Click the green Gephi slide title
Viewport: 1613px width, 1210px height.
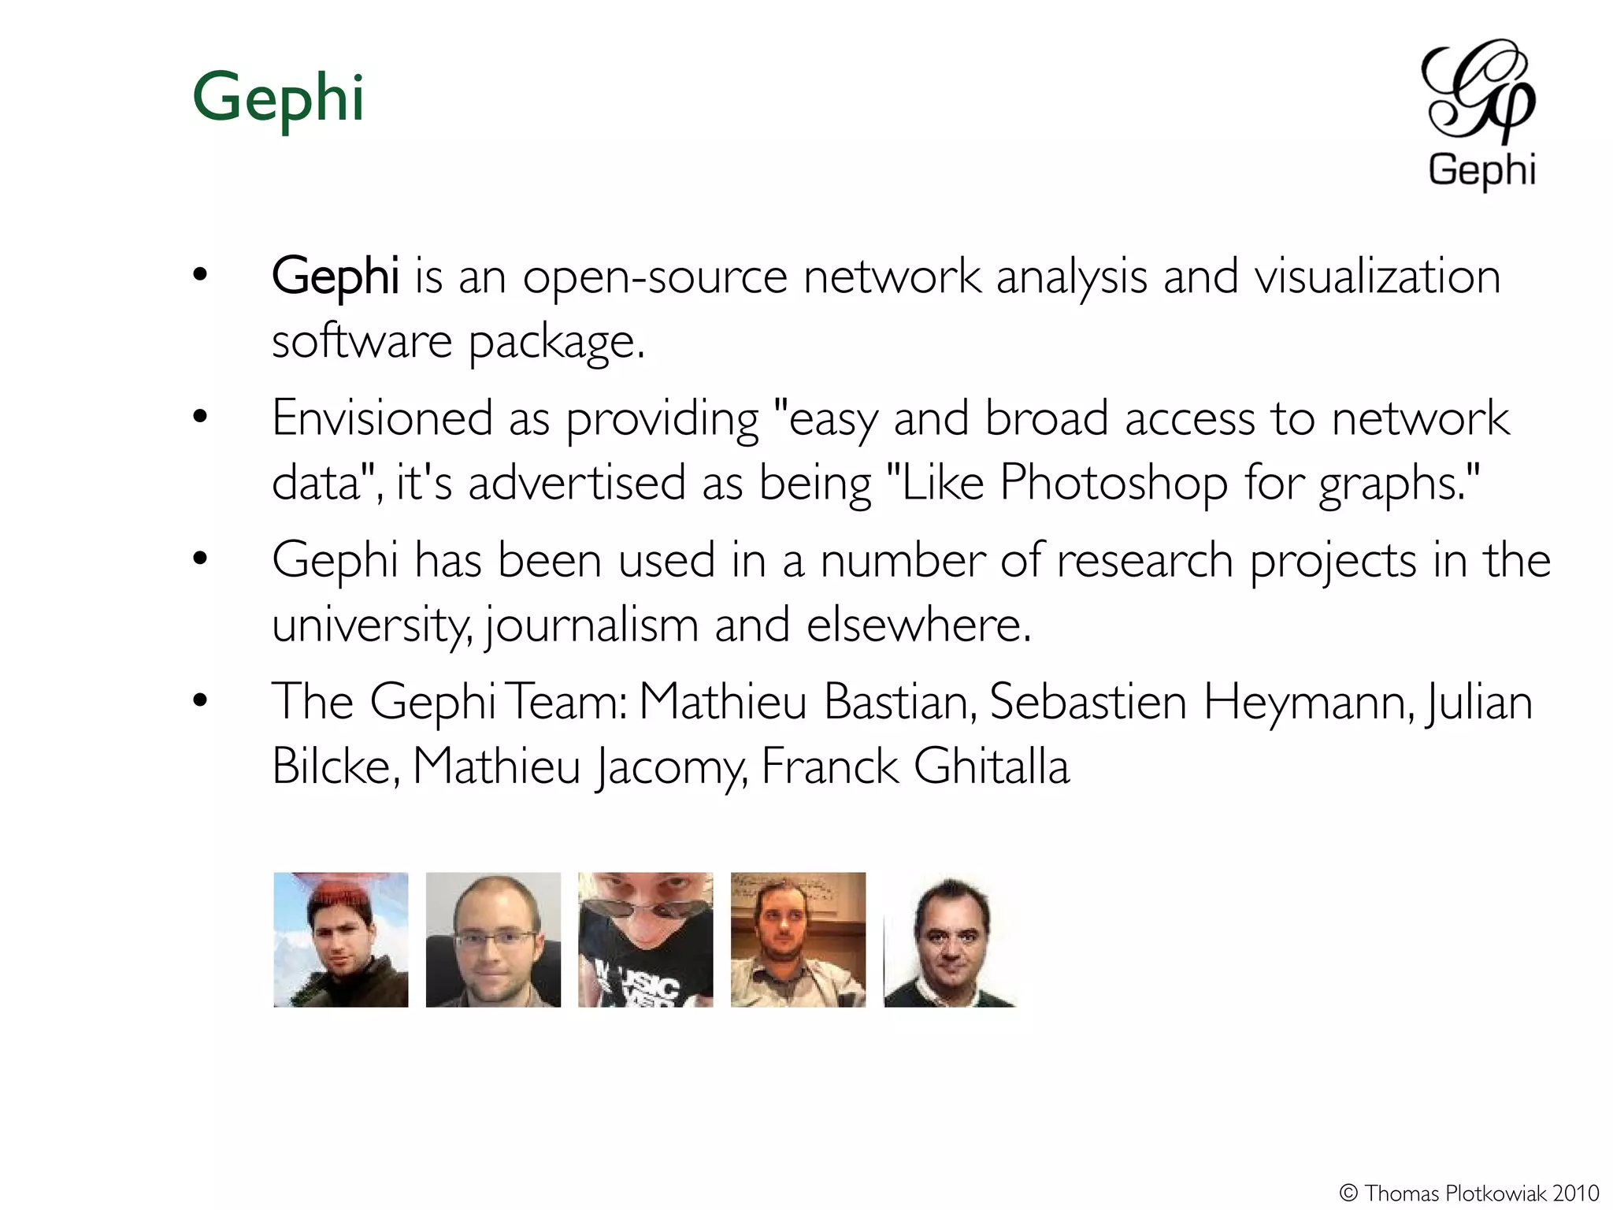tap(278, 98)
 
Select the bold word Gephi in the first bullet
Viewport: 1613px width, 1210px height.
tap(335, 277)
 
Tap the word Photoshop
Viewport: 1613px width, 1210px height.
tap(1114, 482)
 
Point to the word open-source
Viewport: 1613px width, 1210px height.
tap(655, 277)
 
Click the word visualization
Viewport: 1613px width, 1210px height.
tap(1378, 277)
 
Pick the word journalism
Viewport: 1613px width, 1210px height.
tap(591, 625)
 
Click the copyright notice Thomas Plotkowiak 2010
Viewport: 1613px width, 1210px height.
tap(1470, 1193)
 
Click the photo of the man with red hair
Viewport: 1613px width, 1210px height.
tap(341, 939)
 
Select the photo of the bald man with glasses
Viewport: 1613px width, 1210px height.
tap(493, 939)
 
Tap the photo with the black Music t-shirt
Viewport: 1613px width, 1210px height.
tap(646, 939)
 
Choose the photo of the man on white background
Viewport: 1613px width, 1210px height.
tap(950, 939)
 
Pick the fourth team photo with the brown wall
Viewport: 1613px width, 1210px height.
tap(798, 939)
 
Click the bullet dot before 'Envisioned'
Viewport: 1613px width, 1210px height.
tap(200, 417)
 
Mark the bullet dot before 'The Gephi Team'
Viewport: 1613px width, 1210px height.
tap(200, 700)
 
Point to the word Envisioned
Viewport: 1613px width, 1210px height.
tap(382, 418)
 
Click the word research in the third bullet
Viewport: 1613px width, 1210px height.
tap(1144, 561)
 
